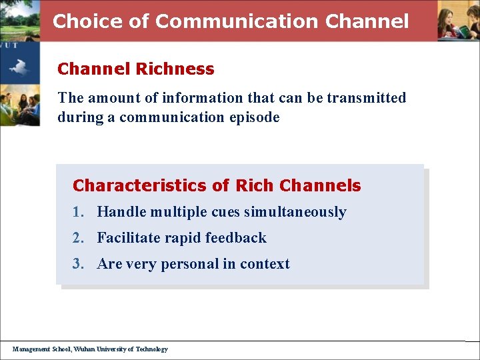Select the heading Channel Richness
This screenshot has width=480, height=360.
click(136, 69)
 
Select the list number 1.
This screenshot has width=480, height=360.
click(78, 212)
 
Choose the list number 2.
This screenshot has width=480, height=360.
click(78, 238)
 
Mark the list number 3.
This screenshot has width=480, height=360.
click(78, 264)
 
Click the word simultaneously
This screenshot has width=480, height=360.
click(295, 212)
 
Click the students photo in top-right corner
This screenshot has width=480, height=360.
click(458, 21)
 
